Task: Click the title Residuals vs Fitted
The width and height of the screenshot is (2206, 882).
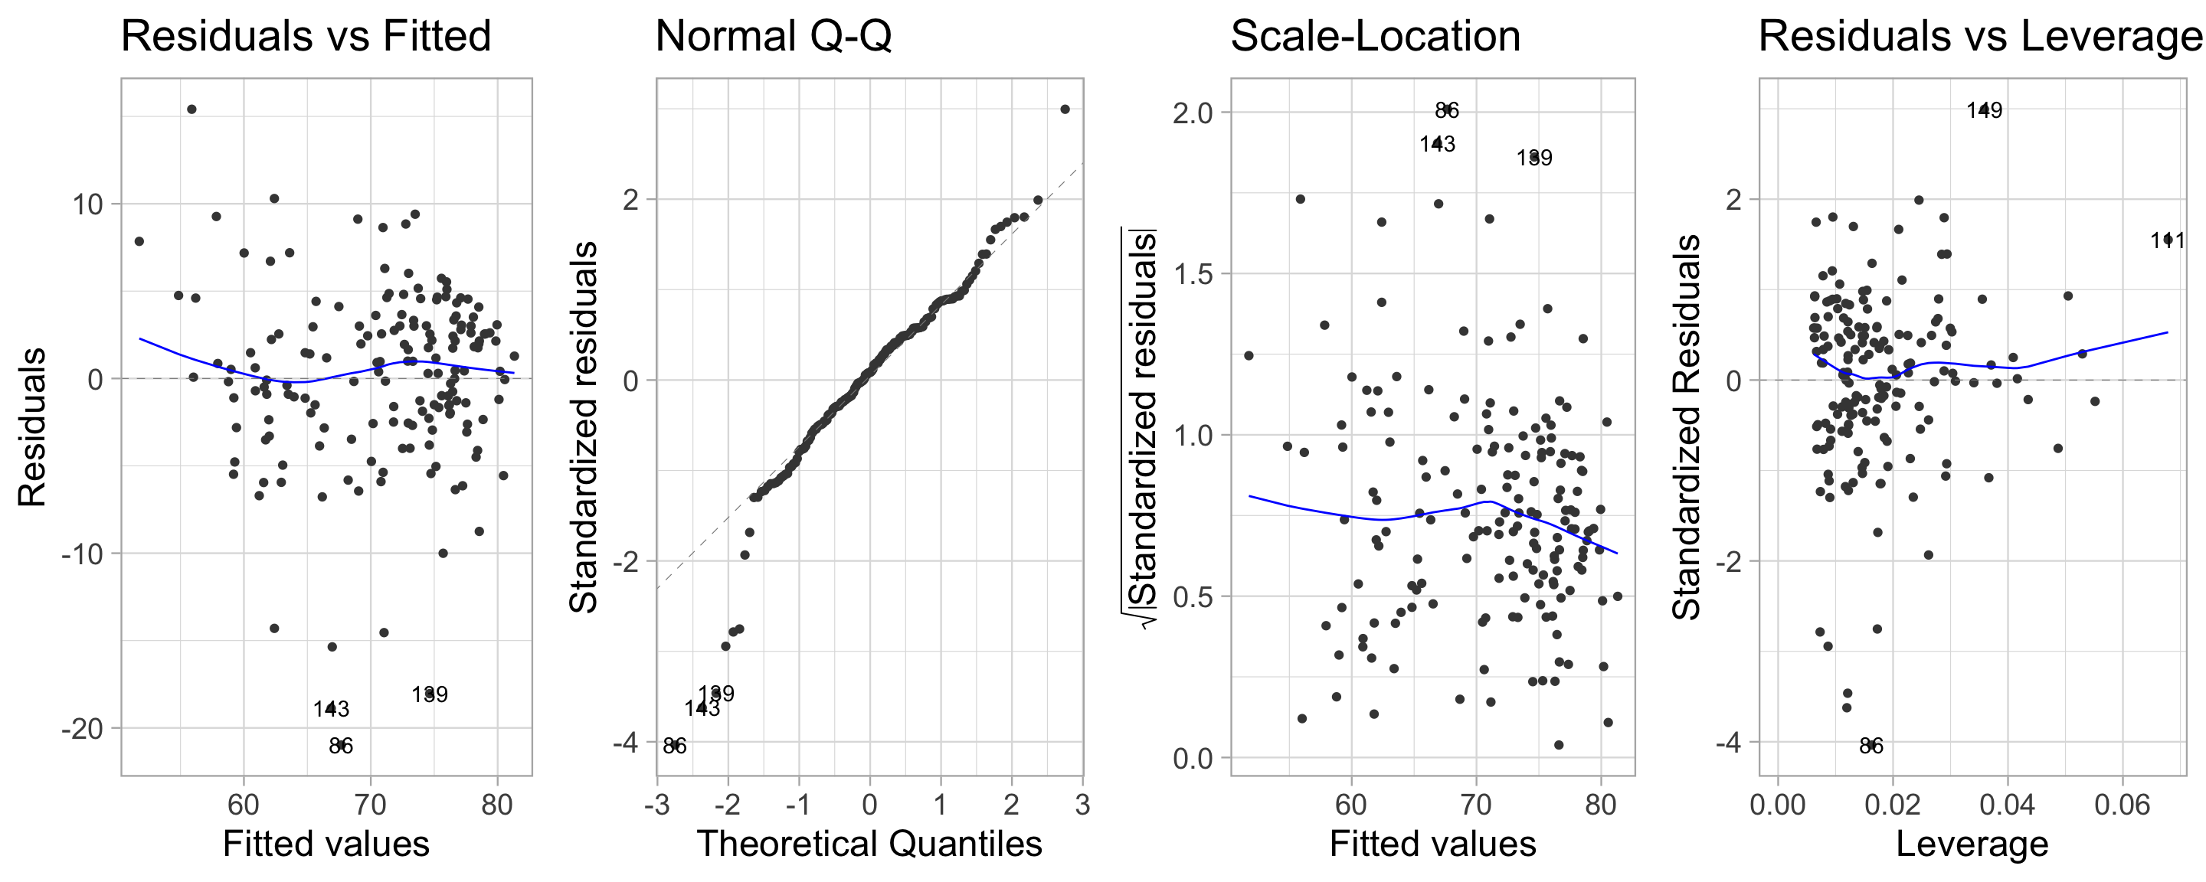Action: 306,37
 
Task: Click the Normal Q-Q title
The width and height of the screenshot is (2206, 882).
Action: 774,37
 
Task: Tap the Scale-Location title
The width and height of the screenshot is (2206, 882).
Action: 1376,37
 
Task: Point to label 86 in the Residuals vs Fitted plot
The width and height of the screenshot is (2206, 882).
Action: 341,746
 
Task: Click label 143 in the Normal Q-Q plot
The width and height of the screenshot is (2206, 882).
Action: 702,709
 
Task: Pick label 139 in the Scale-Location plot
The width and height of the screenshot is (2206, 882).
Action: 1533,158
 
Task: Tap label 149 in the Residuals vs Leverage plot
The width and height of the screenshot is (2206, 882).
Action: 1984,110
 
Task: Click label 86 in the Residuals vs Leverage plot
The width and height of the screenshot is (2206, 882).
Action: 1871,746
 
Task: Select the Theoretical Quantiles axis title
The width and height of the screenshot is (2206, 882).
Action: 869,844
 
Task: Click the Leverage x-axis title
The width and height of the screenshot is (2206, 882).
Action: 1972,844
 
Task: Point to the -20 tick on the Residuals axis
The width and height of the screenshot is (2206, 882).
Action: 81,730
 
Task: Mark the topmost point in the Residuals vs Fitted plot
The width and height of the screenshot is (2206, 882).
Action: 191,109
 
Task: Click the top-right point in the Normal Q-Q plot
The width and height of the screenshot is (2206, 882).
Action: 1065,109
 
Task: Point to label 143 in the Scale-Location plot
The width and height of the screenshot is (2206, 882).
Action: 1437,144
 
